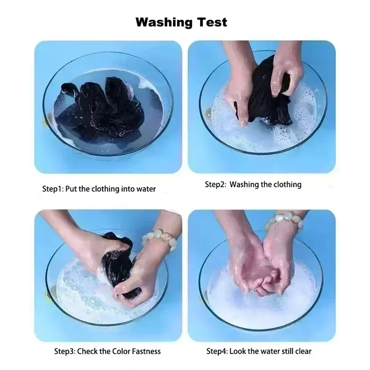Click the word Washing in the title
coord(164,23)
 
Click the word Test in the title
coord(212,22)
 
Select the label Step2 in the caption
coord(216,185)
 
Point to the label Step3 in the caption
coord(65,351)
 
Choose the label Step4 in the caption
coord(217,351)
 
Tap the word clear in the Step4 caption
coord(303,351)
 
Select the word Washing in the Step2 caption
coord(244,185)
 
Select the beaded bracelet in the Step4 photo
coord(284,221)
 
